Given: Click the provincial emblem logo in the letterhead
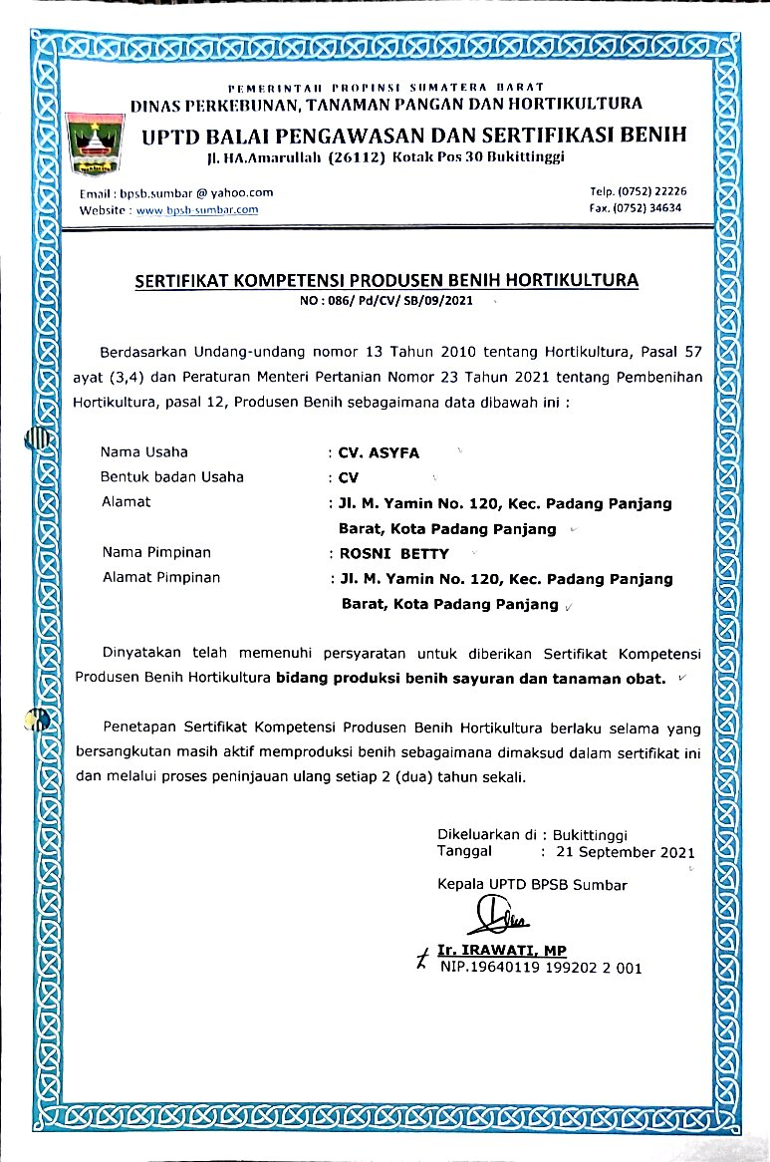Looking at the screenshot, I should [99, 144].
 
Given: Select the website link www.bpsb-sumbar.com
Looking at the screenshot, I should [197, 209].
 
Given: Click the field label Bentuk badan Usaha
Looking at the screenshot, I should [172, 476].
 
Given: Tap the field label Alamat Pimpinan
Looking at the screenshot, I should [161, 577].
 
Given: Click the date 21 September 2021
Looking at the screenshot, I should [626, 853].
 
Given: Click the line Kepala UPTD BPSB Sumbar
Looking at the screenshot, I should [532, 884].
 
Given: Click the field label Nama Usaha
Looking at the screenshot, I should [144, 452].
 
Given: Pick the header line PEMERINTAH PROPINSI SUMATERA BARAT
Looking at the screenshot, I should [385, 88].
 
